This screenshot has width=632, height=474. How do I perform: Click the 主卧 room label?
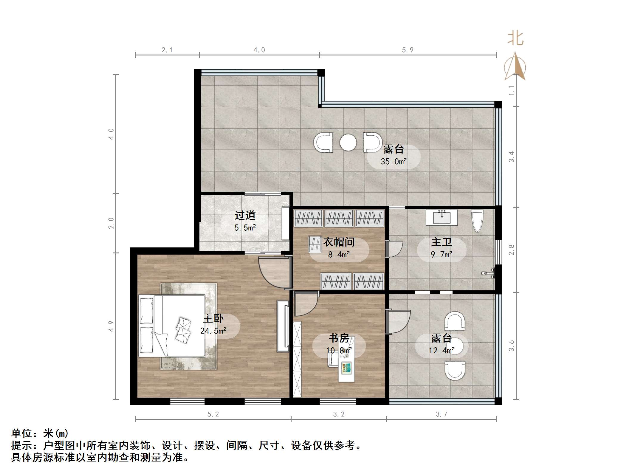click(x=213, y=319)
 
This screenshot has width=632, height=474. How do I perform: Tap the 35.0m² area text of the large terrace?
click(x=394, y=162)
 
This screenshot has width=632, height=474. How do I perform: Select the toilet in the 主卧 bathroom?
click(x=477, y=221)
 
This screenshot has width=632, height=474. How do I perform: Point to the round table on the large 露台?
click(x=348, y=142)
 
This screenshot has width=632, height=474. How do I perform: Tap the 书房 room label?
click(x=339, y=338)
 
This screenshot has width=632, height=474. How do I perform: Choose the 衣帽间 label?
click(x=339, y=242)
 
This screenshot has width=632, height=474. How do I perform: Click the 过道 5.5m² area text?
click(x=245, y=228)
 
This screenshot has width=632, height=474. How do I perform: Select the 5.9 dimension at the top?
click(x=408, y=50)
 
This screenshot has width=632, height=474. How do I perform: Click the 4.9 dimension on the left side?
click(x=111, y=326)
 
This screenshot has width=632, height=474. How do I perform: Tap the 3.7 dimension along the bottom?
click(x=442, y=414)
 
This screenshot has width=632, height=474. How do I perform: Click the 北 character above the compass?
click(x=515, y=39)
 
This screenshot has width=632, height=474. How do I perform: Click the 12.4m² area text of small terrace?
click(x=442, y=351)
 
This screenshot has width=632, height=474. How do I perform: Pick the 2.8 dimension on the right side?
click(x=512, y=250)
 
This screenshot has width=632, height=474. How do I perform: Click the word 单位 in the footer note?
click(x=22, y=433)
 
